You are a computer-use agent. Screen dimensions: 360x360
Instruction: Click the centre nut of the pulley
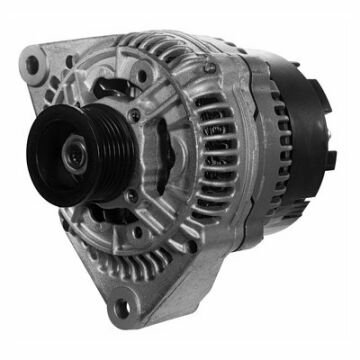(x=74, y=155)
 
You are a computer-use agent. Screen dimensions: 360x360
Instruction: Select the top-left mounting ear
(x=40, y=70)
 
